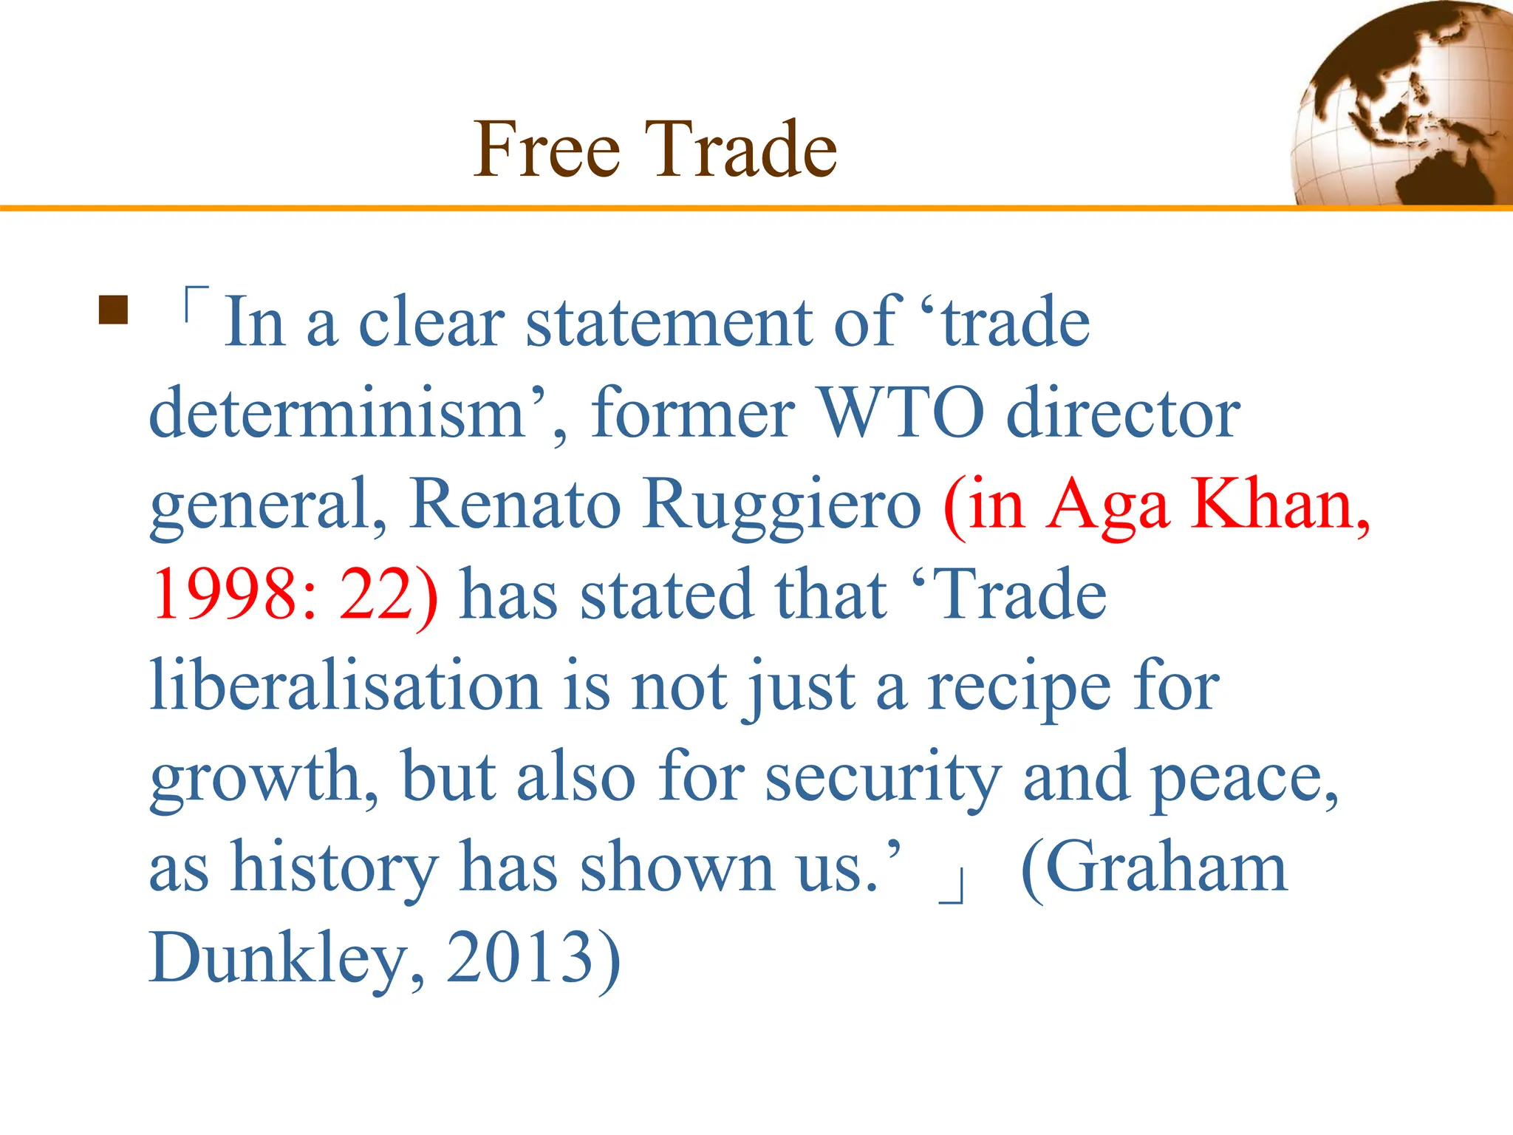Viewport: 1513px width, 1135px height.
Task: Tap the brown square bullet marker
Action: coord(113,310)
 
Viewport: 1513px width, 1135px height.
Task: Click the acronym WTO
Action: coord(901,414)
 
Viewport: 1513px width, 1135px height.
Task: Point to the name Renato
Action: coord(514,504)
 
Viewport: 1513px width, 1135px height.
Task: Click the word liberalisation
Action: coord(346,685)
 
